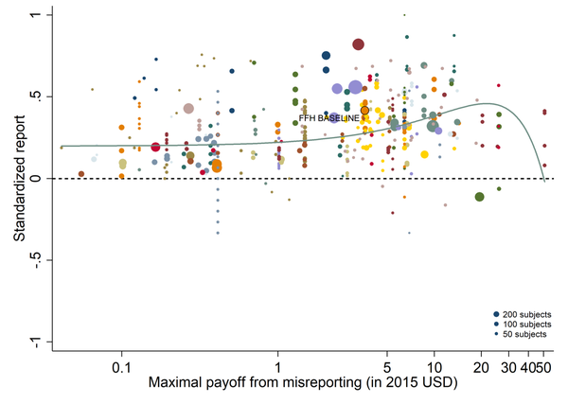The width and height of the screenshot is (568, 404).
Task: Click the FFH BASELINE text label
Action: click(x=329, y=118)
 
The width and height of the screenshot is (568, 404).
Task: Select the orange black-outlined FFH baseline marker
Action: click(x=364, y=111)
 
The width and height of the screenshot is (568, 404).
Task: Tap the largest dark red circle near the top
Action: click(x=359, y=44)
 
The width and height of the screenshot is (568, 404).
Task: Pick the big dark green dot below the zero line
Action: click(x=480, y=197)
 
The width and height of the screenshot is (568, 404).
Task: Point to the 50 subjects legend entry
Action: click(x=524, y=334)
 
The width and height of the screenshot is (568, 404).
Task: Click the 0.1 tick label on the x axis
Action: click(x=121, y=365)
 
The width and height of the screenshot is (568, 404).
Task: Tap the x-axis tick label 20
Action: click(x=480, y=365)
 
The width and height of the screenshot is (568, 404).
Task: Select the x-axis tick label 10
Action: click(x=434, y=365)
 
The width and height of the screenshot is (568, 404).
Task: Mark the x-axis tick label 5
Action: click(x=386, y=365)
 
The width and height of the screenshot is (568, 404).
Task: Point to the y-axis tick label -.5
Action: click(x=38, y=260)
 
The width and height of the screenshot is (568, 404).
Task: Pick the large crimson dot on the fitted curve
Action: click(x=156, y=147)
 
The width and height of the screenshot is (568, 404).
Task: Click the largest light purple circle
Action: click(x=356, y=87)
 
